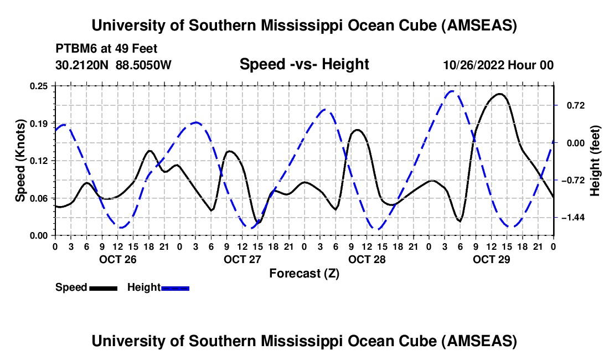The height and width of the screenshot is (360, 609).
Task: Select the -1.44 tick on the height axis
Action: [573, 218]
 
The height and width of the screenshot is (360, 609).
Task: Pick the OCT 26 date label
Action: [117, 259]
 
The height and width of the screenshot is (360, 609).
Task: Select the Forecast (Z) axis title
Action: [304, 273]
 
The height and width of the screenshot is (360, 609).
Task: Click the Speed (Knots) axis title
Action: [20, 161]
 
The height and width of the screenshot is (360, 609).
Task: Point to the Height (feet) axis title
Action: [596, 161]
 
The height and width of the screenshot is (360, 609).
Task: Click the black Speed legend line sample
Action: [102, 287]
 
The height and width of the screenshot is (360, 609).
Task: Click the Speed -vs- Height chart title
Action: [304, 64]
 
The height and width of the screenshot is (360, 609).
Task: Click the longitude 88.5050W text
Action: [144, 65]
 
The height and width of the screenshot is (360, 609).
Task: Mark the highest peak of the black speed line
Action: [500, 94]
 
